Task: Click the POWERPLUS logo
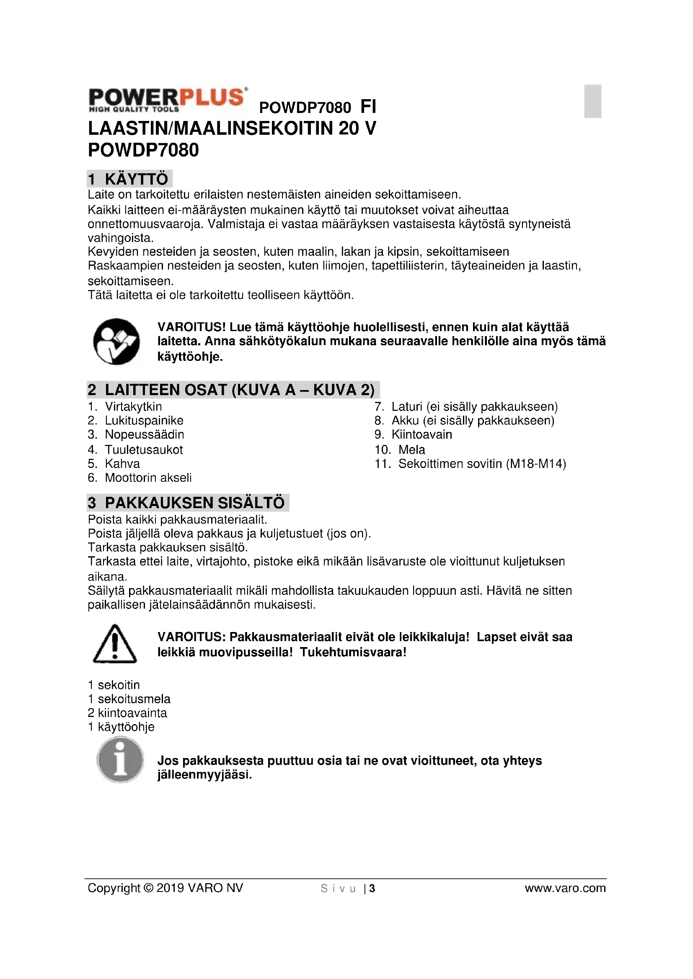click(167, 100)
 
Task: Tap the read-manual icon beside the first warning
click(116, 342)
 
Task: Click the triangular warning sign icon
click(114, 644)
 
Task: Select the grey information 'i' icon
click(120, 759)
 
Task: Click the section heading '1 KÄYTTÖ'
click(129, 179)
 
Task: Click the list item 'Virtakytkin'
click(133, 406)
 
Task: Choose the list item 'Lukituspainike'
click(144, 420)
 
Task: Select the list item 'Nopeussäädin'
click(144, 434)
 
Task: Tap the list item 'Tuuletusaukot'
click(143, 450)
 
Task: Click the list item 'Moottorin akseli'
click(148, 478)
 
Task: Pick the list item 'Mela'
click(411, 450)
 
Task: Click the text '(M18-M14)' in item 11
click(536, 463)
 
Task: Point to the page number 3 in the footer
click(372, 888)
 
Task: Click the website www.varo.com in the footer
click(565, 888)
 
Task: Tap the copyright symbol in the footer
click(148, 888)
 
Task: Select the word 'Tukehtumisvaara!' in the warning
click(353, 652)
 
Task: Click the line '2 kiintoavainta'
click(127, 713)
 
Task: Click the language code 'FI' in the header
click(368, 107)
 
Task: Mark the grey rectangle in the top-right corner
click(593, 101)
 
